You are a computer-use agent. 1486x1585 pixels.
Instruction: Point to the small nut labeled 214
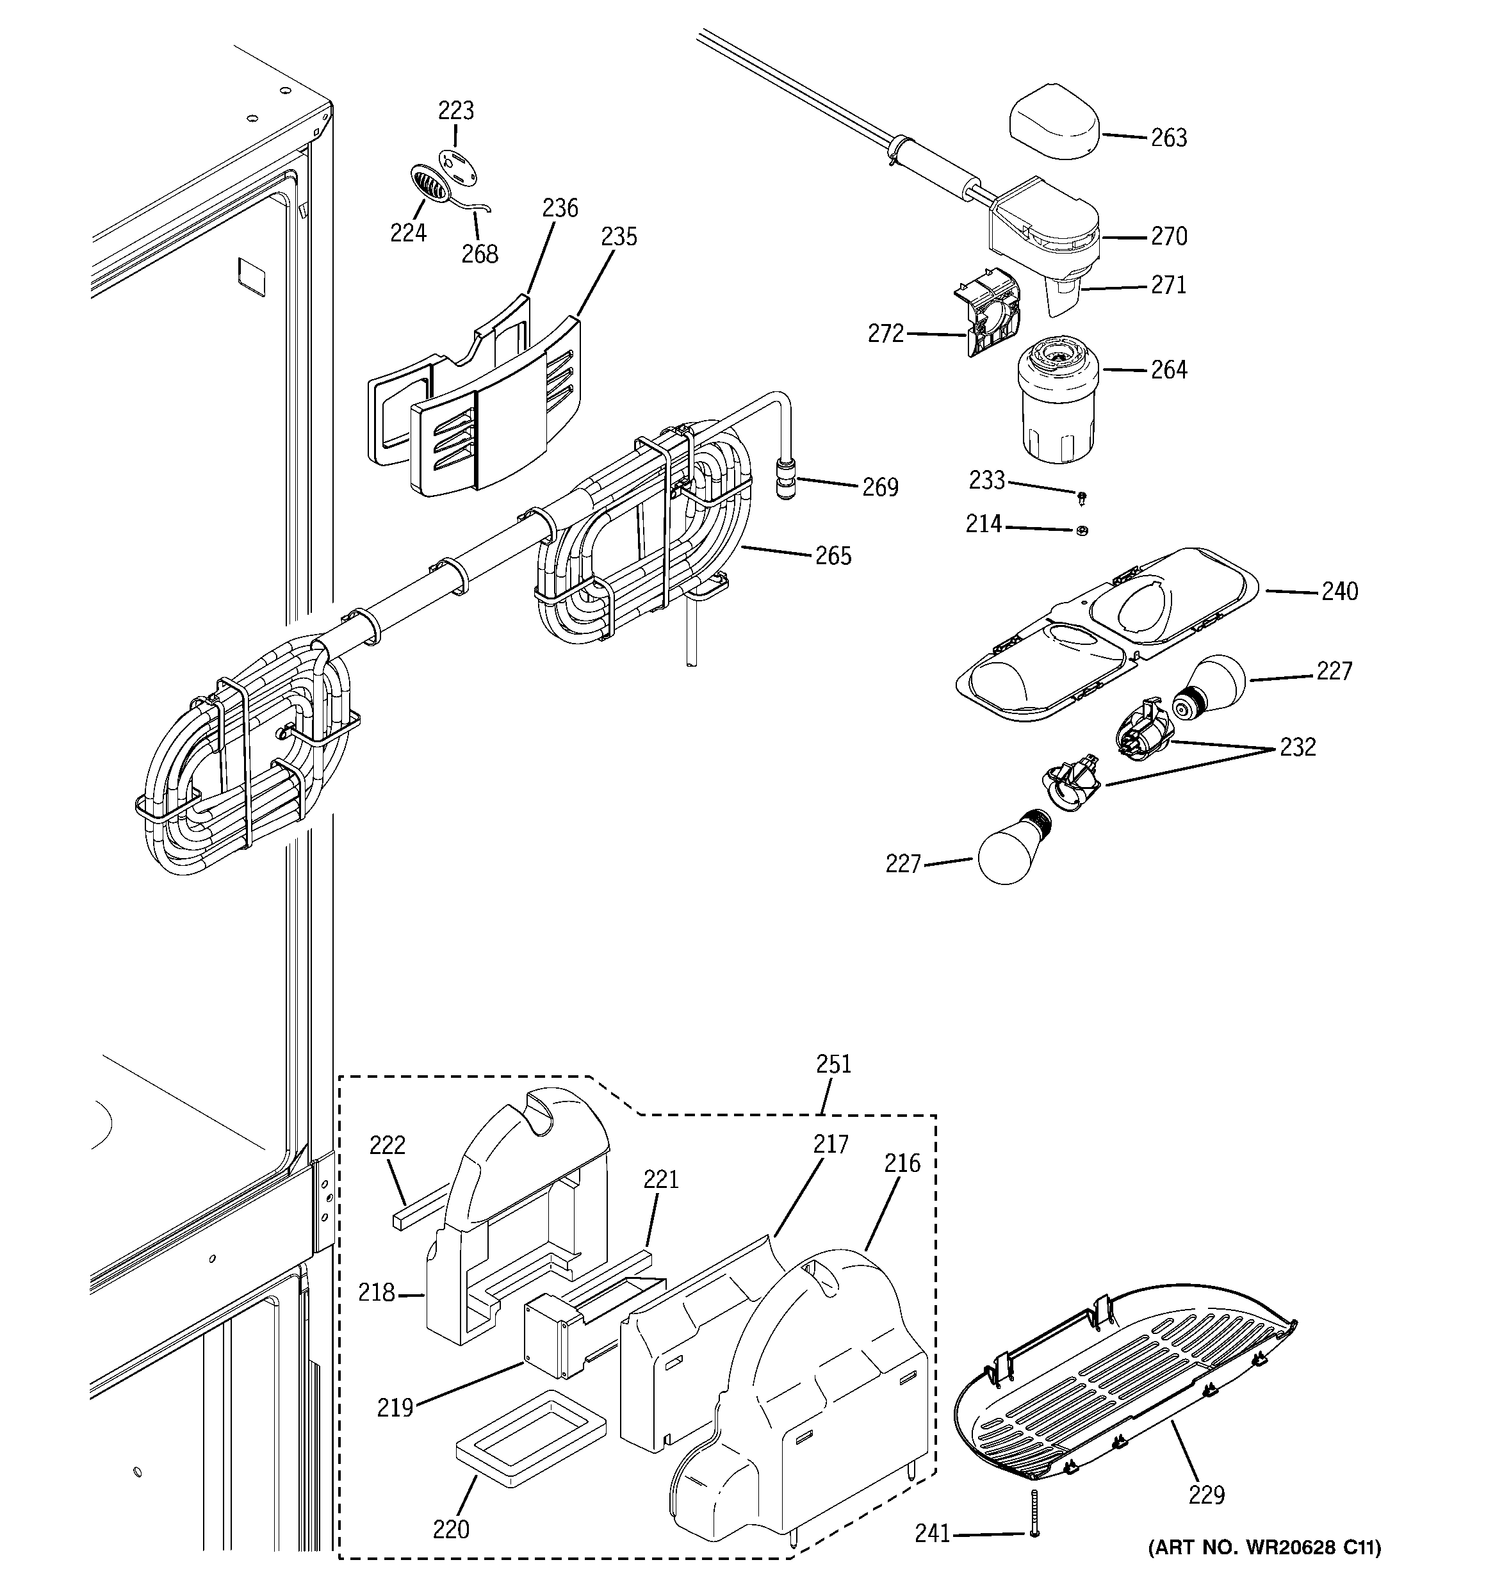[1081, 530]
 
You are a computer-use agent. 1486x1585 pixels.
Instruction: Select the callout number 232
[1297, 747]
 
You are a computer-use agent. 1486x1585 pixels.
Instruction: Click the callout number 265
[833, 556]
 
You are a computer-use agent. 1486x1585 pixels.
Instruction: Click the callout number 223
[455, 110]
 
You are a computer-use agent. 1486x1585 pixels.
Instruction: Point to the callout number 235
[619, 237]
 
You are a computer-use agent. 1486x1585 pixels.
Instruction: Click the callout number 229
[1206, 1495]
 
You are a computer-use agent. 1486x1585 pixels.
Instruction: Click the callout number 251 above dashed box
[833, 1064]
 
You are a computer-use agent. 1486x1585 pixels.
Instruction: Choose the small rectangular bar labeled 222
[419, 1212]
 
